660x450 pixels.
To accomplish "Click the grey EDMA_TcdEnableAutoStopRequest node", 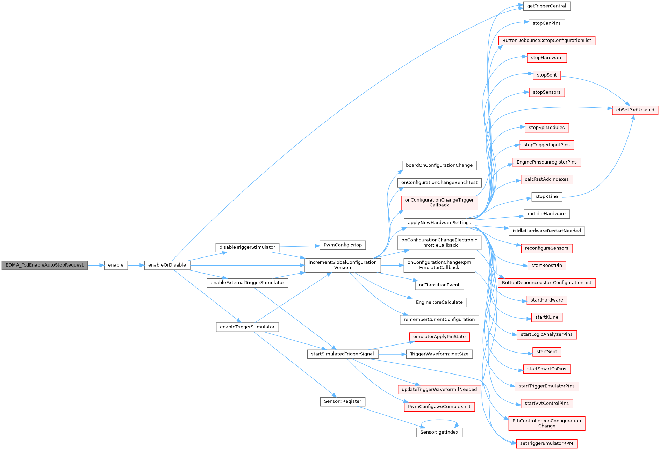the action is point(45,265).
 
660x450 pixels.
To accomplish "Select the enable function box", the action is point(116,265).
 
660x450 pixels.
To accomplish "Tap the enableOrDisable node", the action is point(167,265).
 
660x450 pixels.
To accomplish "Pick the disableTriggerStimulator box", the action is point(247,247).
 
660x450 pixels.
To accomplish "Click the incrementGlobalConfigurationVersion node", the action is point(343,265).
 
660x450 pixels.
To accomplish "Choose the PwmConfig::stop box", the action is point(343,245).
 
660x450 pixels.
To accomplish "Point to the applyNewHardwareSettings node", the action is point(439,223).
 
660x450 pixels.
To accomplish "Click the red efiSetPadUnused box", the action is point(635,110).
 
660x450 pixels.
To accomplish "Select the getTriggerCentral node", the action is point(547,6).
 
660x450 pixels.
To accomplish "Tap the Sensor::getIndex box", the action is point(439,433).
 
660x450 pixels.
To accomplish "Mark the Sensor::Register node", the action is point(343,402).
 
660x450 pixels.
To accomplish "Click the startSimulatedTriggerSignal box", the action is point(343,354).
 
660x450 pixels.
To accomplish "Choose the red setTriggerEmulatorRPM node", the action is point(547,444).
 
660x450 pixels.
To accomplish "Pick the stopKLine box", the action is point(547,197).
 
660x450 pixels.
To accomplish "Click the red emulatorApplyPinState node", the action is point(439,337).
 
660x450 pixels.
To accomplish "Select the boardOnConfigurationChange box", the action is point(439,166).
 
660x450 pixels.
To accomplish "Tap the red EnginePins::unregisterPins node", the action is point(547,162).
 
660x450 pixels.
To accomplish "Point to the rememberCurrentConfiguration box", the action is point(439,320).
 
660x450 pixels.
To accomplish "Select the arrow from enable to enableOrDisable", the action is point(136,265).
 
